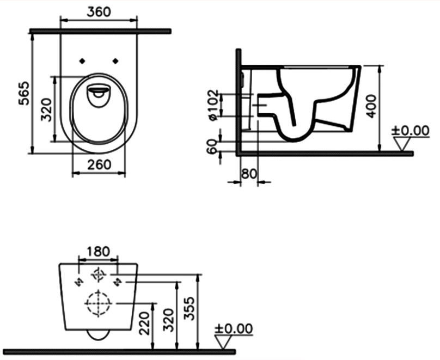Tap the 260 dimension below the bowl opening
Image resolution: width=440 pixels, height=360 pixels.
pyautogui.click(x=99, y=164)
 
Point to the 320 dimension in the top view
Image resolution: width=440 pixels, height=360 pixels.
pyautogui.click(x=46, y=108)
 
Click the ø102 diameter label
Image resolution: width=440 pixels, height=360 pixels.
pyautogui.click(x=213, y=105)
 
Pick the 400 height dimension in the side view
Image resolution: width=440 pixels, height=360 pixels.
pyautogui.click(x=370, y=105)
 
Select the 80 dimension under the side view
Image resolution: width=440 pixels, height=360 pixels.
pyautogui.click(x=249, y=174)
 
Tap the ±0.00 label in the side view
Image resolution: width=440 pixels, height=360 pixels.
pyautogui.click(x=411, y=131)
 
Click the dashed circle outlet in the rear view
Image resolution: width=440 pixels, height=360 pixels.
pyautogui.click(x=98, y=302)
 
